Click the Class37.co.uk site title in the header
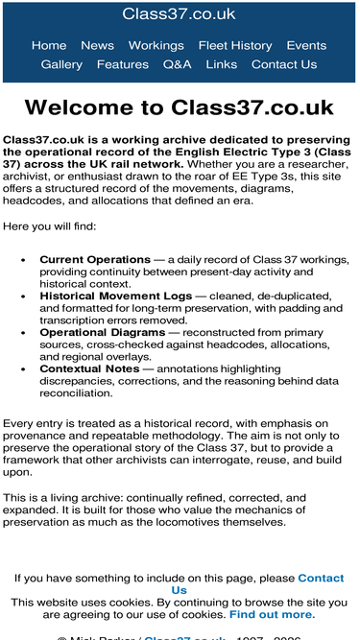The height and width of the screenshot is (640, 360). click(180, 13)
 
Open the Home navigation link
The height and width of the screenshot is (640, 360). click(49, 45)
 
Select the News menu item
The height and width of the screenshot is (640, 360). click(97, 45)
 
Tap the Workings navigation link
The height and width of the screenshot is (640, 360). click(156, 45)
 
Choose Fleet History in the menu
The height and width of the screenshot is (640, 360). click(235, 45)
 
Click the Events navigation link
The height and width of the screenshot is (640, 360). click(306, 45)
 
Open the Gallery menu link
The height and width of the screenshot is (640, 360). click(61, 64)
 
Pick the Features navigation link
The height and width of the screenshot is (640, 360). click(123, 64)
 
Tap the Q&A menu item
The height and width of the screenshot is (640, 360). click(177, 64)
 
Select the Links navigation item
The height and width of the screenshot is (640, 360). click(221, 64)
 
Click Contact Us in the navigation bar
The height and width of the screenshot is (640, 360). click(283, 64)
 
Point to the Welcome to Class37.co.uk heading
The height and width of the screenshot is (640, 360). click(180, 107)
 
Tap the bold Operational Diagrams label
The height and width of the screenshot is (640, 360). click(106, 332)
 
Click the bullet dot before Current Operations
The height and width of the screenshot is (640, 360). click(24, 260)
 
